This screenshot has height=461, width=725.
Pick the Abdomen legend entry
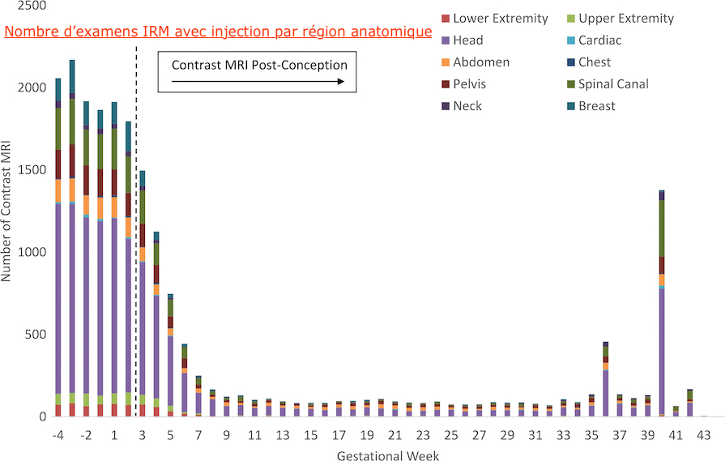point(481,62)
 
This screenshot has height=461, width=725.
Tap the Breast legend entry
point(596,106)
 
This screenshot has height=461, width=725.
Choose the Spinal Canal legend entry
point(613,84)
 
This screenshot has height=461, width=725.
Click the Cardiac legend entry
point(600,41)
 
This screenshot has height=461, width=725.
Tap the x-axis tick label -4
point(58,435)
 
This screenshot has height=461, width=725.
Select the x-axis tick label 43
point(704,435)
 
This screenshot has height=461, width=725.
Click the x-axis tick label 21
point(394,435)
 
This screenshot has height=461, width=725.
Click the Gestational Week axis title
point(388,455)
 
